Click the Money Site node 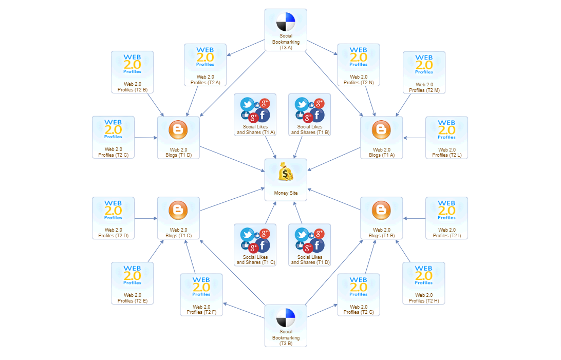(286, 180)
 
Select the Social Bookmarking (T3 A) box (286, 30)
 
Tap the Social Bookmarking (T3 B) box (286, 326)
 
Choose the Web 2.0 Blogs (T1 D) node (178, 137)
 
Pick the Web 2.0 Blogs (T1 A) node (381, 137)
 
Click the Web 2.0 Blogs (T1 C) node (178, 218)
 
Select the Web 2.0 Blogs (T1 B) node (381, 218)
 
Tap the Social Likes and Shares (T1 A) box (255, 115)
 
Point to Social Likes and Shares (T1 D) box (310, 245)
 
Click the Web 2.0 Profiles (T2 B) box (133, 72)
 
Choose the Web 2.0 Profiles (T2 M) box (424, 72)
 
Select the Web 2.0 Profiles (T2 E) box (133, 283)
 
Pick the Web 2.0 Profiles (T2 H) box (424, 283)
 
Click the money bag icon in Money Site (286, 172)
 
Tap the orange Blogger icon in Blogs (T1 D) (178, 129)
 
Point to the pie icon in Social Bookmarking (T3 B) (286, 317)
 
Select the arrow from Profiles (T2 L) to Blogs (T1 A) (415, 138)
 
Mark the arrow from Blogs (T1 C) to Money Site (232, 199)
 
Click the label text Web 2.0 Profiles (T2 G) (359, 310)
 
